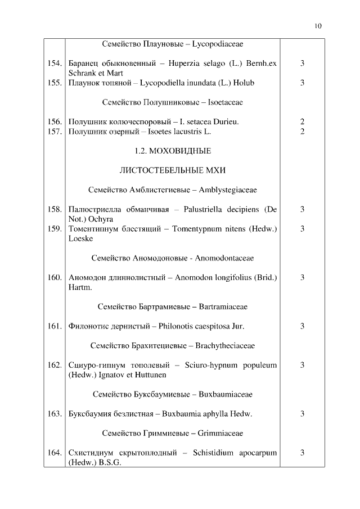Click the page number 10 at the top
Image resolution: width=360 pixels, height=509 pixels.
point(318,25)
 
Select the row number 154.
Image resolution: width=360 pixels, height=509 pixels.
point(54,64)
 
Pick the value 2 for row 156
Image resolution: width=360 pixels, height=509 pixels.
point(302,122)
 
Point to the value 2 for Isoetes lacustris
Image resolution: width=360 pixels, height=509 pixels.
point(302,132)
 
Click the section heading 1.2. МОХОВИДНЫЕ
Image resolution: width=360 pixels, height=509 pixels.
point(173,151)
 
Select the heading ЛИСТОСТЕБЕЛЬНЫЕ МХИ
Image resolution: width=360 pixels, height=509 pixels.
point(173,170)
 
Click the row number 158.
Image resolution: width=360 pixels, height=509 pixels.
point(54,210)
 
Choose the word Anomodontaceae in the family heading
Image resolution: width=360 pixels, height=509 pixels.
point(224,258)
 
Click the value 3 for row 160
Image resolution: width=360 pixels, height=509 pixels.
point(302,278)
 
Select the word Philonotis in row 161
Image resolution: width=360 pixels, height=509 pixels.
point(177,326)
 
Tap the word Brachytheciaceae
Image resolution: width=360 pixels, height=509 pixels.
point(225,346)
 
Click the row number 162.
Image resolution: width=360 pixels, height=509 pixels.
point(54,365)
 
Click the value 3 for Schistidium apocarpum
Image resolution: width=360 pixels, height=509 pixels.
point(302,453)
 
